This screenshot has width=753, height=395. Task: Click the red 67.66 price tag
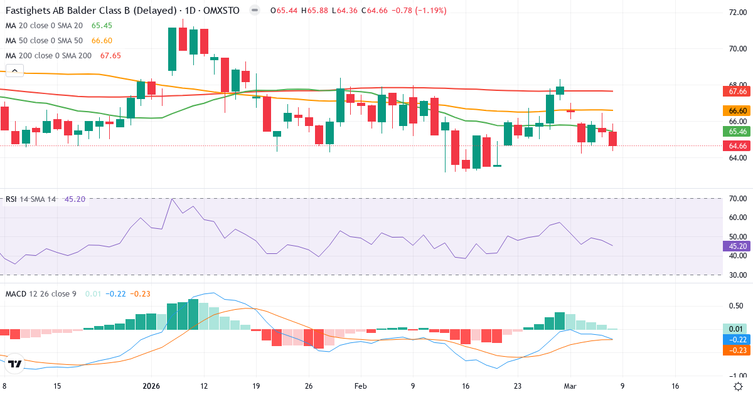[x=737, y=92]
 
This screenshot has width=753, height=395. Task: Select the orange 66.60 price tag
[x=737, y=110]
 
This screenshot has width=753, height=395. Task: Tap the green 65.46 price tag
[x=737, y=131]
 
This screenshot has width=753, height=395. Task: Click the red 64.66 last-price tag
[x=737, y=146]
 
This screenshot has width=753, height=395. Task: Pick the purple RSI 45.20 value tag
[x=737, y=246]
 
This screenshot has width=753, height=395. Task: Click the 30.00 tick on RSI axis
[x=737, y=275]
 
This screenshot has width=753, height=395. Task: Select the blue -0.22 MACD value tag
[x=737, y=339]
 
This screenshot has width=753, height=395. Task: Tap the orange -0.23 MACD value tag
[x=737, y=350]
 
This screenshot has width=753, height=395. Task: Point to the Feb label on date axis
[x=360, y=387]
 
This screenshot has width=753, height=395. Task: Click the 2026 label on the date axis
[x=152, y=387]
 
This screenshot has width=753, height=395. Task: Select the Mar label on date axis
[x=570, y=387]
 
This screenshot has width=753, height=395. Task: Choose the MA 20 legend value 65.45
[x=101, y=26]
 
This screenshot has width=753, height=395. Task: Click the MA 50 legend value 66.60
[x=101, y=41]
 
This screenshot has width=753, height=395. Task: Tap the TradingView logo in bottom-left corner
[x=16, y=364]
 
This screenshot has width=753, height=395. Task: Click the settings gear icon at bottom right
[x=739, y=387]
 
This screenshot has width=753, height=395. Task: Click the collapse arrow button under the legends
[x=14, y=70]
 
